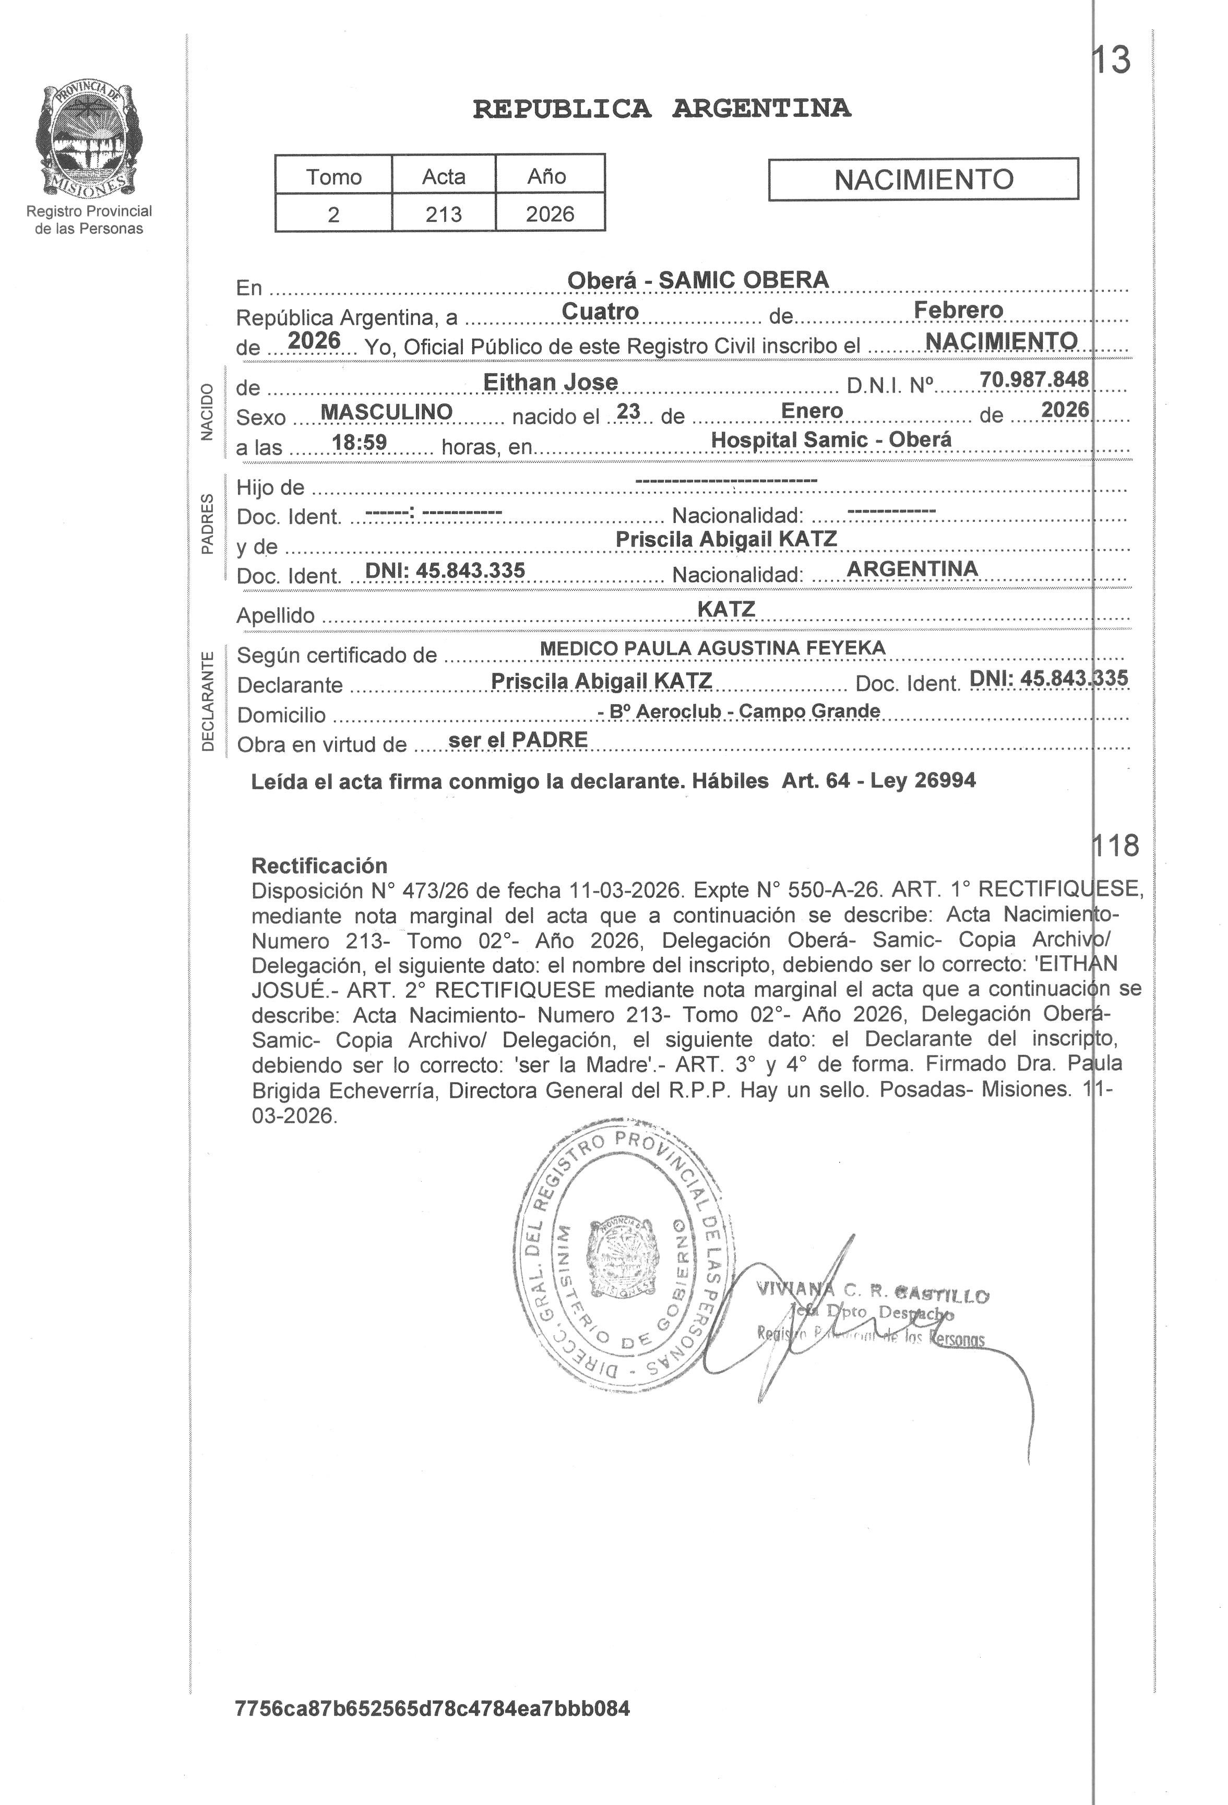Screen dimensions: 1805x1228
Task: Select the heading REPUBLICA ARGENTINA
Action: [x=661, y=109]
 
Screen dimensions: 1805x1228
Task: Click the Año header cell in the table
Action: [x=547, y=176]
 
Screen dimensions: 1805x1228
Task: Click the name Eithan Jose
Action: [x=550, y=382]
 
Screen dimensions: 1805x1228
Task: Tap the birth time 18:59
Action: [x=359, y=443]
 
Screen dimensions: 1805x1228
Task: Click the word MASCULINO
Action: [x=386, y=412]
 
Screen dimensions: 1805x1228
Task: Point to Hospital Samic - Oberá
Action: [x=830, y=440]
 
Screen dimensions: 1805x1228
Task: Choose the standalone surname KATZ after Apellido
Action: [x=725, y=609]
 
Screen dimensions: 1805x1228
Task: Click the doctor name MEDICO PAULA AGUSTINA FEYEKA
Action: [x=712, y=648]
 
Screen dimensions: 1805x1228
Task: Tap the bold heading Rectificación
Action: [x=319, y=865]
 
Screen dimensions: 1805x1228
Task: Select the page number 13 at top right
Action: [x=1112, y=61]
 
